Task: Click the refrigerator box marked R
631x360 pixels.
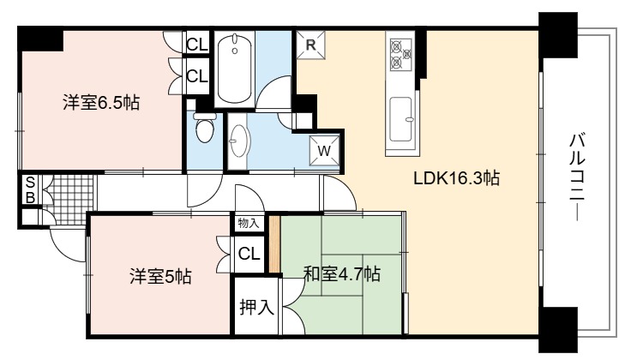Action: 310,45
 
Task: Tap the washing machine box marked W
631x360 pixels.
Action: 324,151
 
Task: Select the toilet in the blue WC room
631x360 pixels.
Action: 205,127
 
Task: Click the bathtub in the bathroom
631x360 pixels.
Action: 234,69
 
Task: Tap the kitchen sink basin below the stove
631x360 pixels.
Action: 401,119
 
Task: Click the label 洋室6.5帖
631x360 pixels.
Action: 101,103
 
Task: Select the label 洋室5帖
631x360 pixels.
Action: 160,276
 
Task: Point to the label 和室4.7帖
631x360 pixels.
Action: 342,274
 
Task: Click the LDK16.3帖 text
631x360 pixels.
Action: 457,177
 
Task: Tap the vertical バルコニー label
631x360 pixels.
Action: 577,177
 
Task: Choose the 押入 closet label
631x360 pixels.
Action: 256,308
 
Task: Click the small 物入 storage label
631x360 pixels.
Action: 249,223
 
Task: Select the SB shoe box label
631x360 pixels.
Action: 30,189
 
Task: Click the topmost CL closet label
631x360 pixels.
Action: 197,45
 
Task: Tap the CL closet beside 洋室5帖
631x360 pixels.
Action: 249,254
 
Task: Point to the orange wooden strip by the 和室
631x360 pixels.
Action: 274,244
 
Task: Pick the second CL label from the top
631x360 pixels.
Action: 197,75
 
